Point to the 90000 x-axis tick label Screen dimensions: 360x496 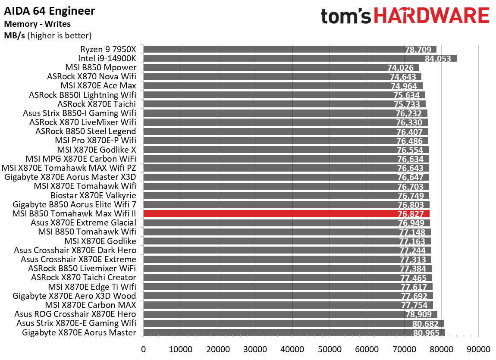pyautogui.click(x=478, y=349)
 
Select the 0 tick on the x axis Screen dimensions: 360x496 pyautogui.click(x=143, y=349)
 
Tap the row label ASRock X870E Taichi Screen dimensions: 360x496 pyautogui.click(x=97, y=104)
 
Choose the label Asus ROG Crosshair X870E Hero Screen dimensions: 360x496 pyautogui.click(x=75, y=314)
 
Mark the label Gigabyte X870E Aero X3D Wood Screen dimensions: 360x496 pyautogui.click(x=74, y=296)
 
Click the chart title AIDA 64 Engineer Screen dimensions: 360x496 pyautogui.click(x=50, y=11)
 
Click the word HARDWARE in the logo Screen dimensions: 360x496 pyautogui.click(x=432, y=16)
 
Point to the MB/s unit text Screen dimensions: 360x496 pyautogui.click(x=15, y=35)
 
